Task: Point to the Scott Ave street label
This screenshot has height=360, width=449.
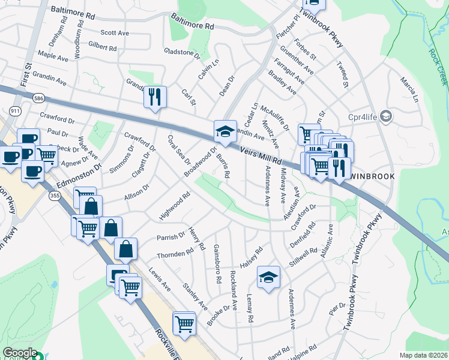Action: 115,33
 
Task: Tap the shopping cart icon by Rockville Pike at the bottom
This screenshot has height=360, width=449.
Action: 184,324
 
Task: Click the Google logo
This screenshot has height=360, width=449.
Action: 20,353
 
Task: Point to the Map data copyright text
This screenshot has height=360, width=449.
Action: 423,355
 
